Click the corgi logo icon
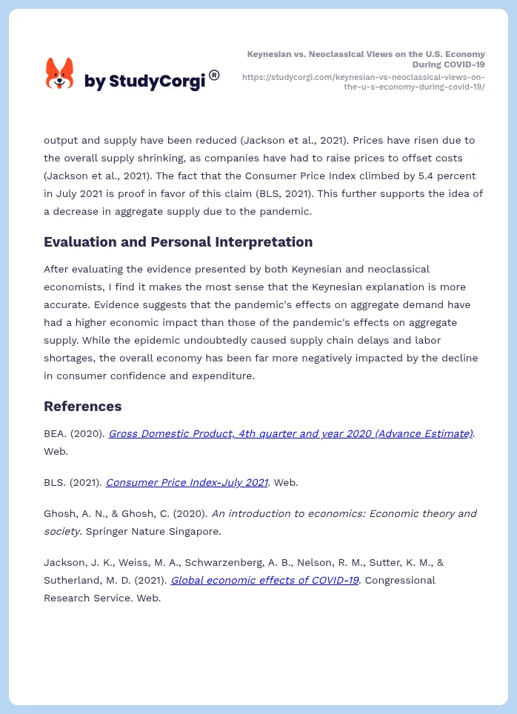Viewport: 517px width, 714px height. coord(60,74)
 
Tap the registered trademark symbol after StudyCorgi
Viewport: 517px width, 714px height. coord(214,75)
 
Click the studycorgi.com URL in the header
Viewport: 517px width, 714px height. coord(364,81)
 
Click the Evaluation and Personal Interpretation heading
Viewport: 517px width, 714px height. coord(178,242)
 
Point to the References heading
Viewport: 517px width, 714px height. coord(82,407)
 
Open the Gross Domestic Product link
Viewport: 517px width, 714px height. coord(290,434)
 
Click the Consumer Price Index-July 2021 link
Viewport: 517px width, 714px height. coord(187,482)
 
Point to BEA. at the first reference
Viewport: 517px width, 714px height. coord(56,434)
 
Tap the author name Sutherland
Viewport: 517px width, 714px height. coord(71,580)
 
